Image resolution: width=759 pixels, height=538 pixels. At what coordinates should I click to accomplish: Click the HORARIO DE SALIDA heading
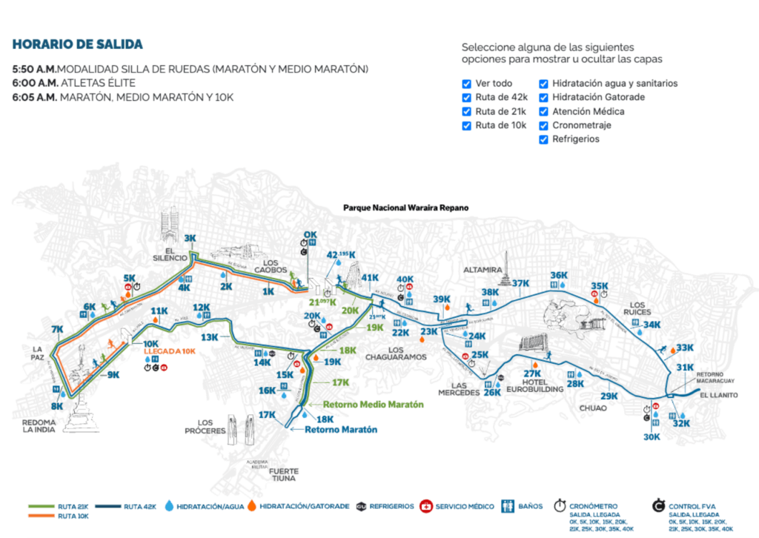pyautogui.click(x=78, y=44)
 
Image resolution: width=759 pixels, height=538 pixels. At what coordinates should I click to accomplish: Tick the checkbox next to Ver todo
pyautogui.click(x=466, y=84)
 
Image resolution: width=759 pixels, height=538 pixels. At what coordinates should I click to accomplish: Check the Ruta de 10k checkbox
pyautogui.click(x=466, y=125)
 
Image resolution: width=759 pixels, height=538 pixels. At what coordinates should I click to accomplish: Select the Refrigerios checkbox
pyautogui.click(x=544, y=139)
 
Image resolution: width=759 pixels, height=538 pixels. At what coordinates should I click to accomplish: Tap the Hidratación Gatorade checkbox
pyautogui.click(x=544, y=98)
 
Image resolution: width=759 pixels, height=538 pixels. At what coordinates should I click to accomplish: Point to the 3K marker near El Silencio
pyautogui.click(x=190, y=238)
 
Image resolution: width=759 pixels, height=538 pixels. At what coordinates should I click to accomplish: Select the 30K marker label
pyautogui.click(x=652, y=437)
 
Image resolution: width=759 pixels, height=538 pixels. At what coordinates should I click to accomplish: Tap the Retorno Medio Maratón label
pyautogui.click(x=373, y=405)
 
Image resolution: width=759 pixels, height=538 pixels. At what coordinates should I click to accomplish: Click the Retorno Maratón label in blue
pyautogui.click(x=339, y=430)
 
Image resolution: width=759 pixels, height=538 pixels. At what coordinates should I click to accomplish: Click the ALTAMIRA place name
pyautogui.click(x=483, y=270)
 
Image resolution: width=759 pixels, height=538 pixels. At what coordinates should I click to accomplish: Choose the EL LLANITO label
pyautogui.click(x=719, y=396)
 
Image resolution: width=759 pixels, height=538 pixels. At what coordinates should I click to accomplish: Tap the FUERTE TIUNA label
pyautogui.click(x=285, y=474)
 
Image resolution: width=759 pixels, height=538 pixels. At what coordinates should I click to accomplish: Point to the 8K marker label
pyautogui.click(x=57, y=406)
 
